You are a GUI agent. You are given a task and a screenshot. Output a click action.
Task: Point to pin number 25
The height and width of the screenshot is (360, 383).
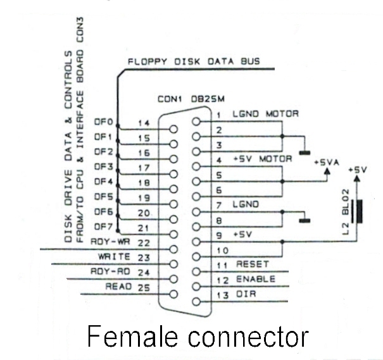[x=144, y=287]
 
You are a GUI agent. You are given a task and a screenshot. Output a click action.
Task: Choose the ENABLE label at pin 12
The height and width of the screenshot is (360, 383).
[x=256, y=279]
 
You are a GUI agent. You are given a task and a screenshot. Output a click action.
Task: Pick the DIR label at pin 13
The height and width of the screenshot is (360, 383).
[x=246, y=294]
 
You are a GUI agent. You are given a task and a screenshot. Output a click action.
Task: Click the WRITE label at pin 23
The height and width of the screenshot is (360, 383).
[x=114, y=256]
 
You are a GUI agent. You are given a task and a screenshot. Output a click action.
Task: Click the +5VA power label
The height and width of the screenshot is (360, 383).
[x=327, y=163]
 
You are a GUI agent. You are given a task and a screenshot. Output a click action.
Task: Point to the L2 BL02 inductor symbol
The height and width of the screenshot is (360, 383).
[x=360, y=212]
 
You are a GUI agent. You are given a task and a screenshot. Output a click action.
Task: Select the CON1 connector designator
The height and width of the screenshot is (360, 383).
[x=170, y=99]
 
